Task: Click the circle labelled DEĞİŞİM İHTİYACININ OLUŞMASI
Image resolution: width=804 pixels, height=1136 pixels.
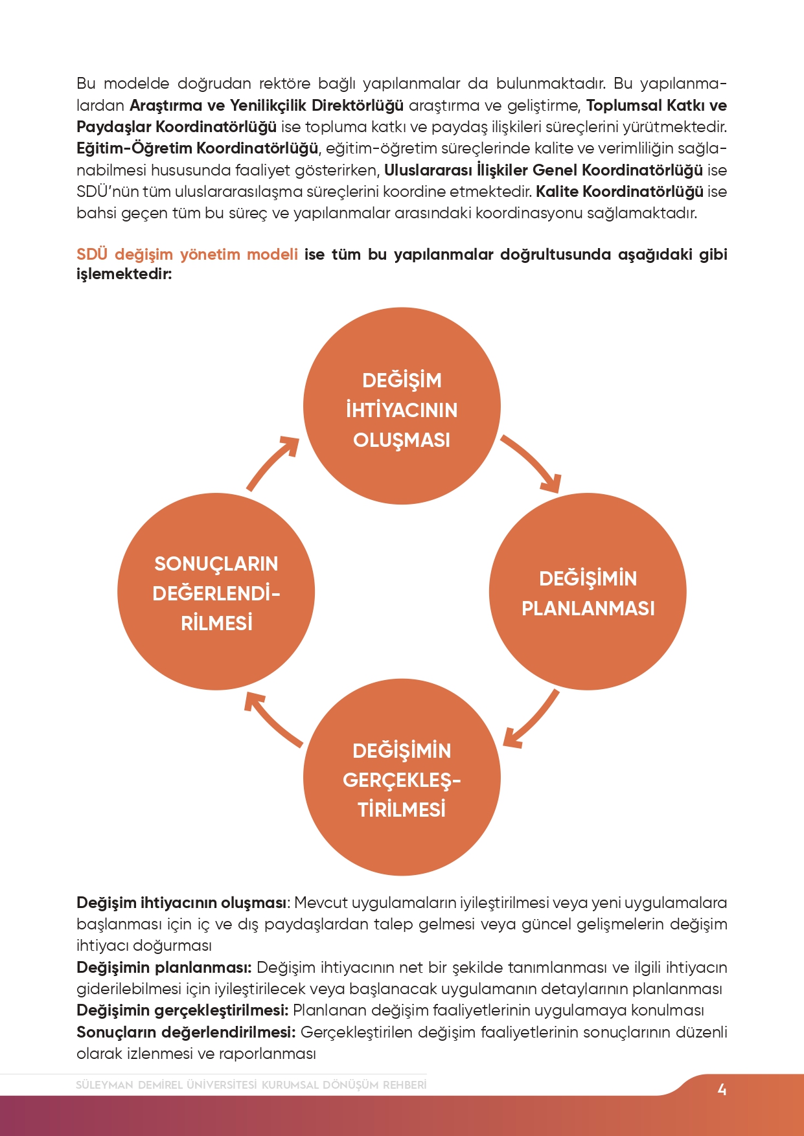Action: tap(402, 406)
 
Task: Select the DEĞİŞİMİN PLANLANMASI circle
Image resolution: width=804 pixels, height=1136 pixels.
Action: tap(588, 592)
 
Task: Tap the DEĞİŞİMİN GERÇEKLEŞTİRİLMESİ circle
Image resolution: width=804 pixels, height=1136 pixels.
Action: tap(402, 778)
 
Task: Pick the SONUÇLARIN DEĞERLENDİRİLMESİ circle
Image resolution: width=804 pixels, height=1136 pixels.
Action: tap(216, 592)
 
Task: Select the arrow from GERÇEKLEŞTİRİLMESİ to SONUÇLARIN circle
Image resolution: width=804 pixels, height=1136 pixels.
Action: tap(272, 720)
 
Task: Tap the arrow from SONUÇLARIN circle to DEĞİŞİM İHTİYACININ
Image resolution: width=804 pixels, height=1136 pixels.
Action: tap(272, 462)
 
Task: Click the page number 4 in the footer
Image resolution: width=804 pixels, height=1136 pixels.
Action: tap(722, 1090)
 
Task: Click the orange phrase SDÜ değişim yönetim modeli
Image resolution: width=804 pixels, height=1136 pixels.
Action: tap(187, 255)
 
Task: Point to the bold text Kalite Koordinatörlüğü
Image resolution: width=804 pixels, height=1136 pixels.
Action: tap(619, 192)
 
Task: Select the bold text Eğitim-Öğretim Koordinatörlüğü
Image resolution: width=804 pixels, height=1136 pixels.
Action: tap(197, 148)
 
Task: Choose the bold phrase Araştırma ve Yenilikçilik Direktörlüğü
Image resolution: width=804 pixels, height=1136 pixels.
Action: tap(266, 106)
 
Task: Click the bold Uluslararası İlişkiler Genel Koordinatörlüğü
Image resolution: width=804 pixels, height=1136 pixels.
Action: tap(544, 170)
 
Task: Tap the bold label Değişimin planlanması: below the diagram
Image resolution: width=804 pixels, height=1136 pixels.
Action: tap(164, 968)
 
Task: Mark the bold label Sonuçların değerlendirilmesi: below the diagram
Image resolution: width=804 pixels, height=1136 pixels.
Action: tap(186, 1032)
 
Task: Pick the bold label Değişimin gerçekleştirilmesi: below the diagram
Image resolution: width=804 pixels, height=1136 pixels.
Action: tap(182, 1010)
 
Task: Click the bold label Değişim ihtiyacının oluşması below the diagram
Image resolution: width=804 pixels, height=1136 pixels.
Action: tap(181, 903)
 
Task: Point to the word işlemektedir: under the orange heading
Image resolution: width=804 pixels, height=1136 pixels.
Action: tap(124, 274)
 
